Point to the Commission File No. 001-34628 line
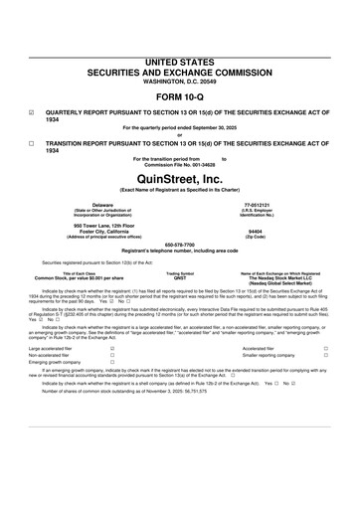[x=179, y=164]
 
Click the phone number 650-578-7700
[x=179, y=244]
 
